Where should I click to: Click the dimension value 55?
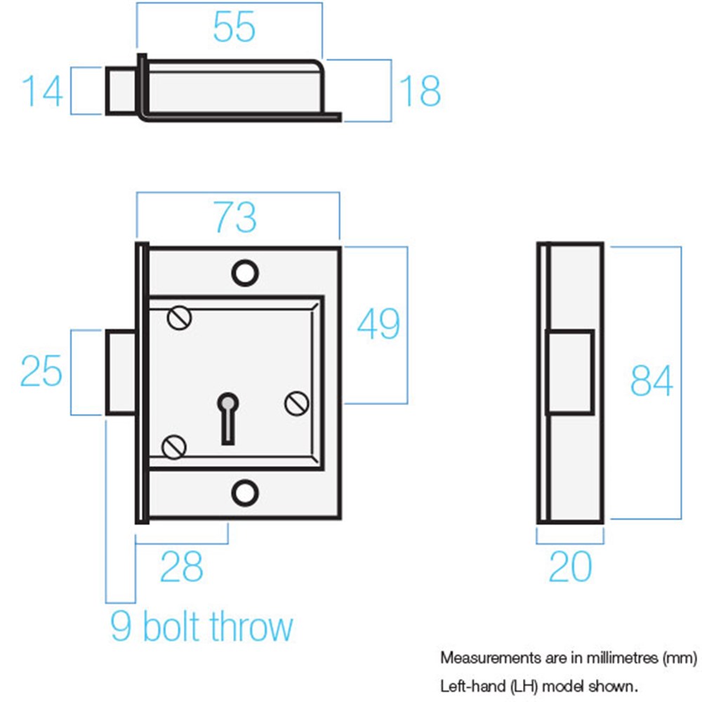tap(234, 27)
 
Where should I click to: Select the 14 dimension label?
tap(42, 91)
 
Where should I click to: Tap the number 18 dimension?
tap(420, 91)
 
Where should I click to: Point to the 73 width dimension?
tap(235, 217)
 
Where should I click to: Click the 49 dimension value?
tap(379, 323)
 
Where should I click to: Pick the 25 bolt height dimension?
tap(41, 371)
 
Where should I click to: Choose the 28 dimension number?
tap(181, 567)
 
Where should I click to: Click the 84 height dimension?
tap(651, 380)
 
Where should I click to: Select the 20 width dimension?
tap(570, 567)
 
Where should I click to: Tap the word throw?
tap(251, 626)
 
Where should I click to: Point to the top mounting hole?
tap(245, 273)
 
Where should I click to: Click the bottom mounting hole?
tap(245, 493)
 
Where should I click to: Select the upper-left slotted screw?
tap(180, 318)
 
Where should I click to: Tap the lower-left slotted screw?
tap(173, 446)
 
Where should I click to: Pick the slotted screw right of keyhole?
tap(297, 404)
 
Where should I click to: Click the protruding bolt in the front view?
tap(121, 373)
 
